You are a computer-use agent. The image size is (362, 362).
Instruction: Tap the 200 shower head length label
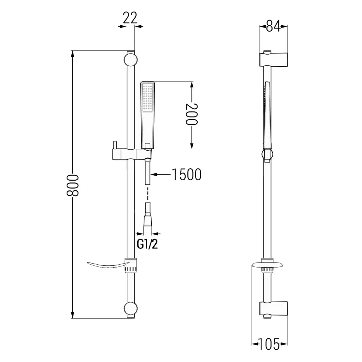[192, 114]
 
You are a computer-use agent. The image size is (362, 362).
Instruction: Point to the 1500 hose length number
[186, 174]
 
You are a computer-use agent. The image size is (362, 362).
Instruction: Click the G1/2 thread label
[147, 244]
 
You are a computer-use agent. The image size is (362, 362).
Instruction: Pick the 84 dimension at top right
[273, 26]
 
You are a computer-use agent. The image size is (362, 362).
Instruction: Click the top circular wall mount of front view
[130, 60]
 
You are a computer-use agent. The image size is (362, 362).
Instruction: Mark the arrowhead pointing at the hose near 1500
[153, 174]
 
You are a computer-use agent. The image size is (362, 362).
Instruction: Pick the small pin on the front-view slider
[114, 145]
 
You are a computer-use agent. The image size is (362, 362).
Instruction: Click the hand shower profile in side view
[267, 112]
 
